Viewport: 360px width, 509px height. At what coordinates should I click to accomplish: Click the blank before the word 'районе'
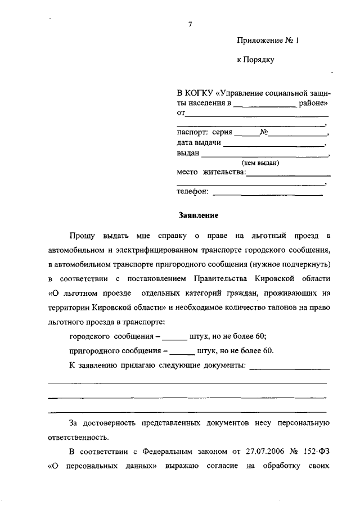[265, 105]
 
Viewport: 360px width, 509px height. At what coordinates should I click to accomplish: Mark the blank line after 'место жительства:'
[288, 174]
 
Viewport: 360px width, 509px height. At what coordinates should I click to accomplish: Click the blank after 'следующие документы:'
[289, 368]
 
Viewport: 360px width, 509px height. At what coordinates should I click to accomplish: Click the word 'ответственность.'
[79, 436]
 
